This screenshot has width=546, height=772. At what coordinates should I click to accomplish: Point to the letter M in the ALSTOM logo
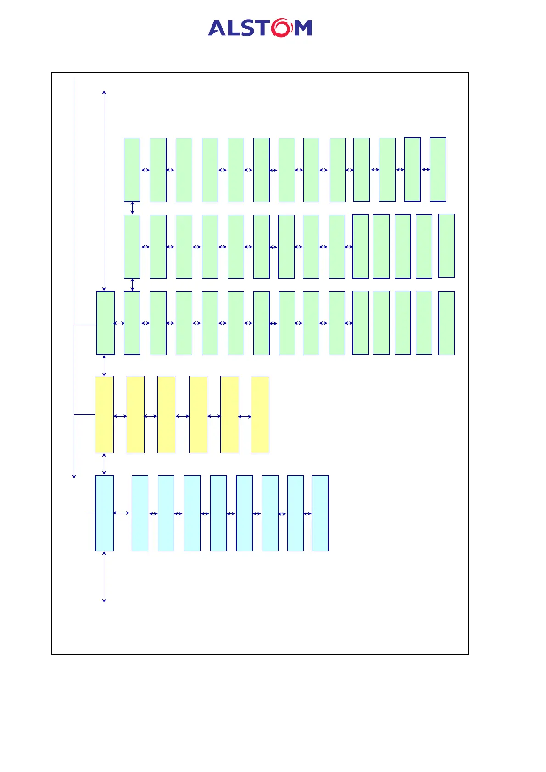coord(302,28)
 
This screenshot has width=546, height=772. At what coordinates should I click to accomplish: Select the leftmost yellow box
coord(104,414)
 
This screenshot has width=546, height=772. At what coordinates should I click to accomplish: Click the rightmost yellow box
coord(260,414)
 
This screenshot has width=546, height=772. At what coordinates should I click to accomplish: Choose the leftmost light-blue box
coord(104,513)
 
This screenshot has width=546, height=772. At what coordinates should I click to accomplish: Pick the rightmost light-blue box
coord(320,513)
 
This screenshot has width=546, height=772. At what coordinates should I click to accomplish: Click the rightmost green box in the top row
coord(438,169)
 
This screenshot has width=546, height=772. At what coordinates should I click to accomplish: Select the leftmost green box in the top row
coord(132,170)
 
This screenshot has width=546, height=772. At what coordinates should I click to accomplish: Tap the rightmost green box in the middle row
coord(446,246)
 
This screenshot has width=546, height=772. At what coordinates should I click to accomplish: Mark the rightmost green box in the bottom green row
coord(446,323)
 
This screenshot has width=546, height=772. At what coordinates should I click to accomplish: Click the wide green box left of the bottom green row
coord(105,323)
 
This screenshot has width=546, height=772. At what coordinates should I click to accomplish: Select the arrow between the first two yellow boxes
coord(120,416)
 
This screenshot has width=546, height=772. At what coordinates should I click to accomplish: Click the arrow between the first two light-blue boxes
coord(121,513)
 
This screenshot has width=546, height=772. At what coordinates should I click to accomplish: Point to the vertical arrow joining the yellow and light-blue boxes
coord(104,464)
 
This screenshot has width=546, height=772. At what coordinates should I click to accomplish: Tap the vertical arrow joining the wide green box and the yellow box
coord(104,365)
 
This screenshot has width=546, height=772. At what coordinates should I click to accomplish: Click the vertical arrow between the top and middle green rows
coord(132,208)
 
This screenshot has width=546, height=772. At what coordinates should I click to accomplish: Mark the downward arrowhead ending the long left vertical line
coord(74,476)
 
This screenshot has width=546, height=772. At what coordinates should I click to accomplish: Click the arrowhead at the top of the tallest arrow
coord(104,92)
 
